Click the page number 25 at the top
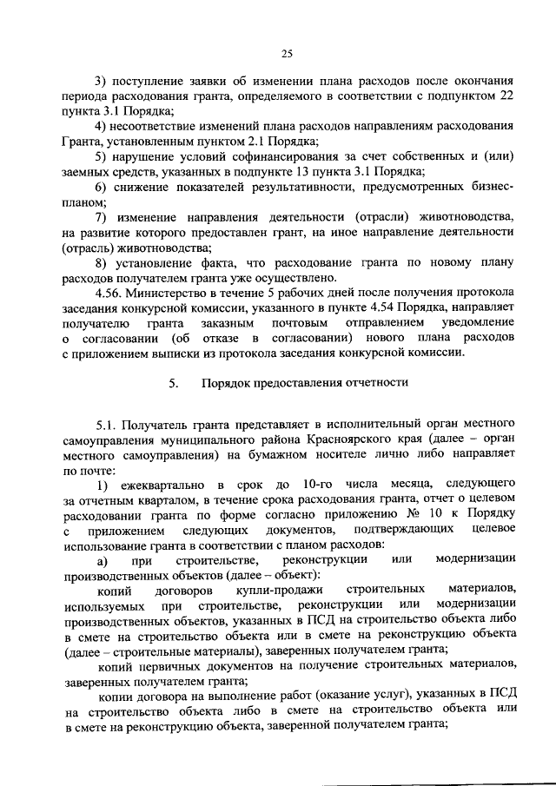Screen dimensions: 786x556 (287, 52)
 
